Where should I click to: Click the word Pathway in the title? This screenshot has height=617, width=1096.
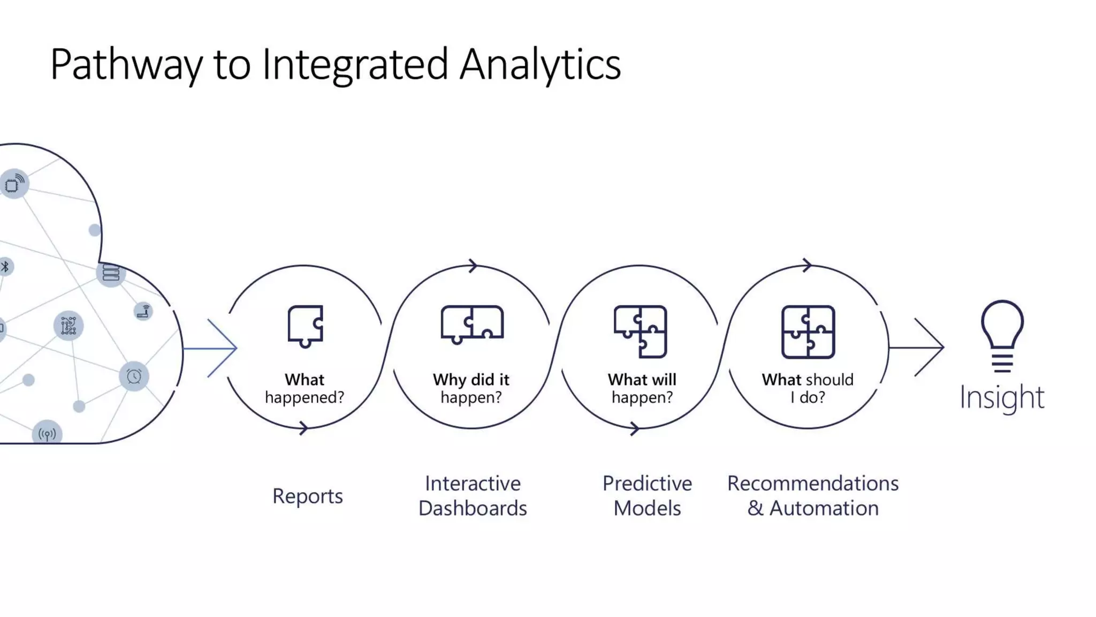pyautogui.click(x=126, y=65)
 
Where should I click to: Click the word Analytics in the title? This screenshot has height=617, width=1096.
pyautogui.click(x=540, y=65)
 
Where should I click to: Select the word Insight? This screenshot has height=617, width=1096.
pyautogui.click(x=1001, y=397)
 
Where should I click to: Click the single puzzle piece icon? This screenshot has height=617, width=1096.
pyautogui.click(x=306, y=326)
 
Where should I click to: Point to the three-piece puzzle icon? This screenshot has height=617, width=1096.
pyautogui.click(x=640, y=331)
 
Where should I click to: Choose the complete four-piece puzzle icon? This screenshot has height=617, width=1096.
pyautogui.click(x=808, y=332)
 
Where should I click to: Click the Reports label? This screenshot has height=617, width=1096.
pyautogui.click(x=307, y=496)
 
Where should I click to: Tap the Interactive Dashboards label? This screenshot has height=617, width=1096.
pyautogui.click(x=473, y=495)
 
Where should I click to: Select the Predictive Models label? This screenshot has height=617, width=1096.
pyautogui.click(x=647, y=495)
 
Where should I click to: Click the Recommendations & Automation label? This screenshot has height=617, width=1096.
pyautogui.click(x=812, y=495)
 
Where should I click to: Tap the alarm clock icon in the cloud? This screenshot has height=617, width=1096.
pyautogui.click(x=134, y=376)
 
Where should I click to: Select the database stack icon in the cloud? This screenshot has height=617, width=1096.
pyautogui.click(x=111, y=273)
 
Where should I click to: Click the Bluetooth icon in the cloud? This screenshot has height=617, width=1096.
pyautogui.click(x=5, y=266)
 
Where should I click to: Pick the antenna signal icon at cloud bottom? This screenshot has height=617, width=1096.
pyautogui.click(x=47, y=434)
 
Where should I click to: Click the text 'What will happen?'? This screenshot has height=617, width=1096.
pyautogui.click(x=642, y=388)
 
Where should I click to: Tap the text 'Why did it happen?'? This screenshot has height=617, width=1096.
pyautogui.click(x=471, y=388)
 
